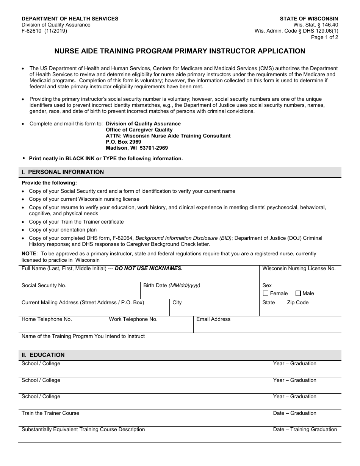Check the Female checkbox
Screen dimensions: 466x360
point(266,293)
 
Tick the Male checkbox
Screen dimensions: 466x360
point(298,293)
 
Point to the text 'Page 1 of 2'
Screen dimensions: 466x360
point(324,37)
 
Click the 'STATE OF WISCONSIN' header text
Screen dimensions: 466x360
point(309,19)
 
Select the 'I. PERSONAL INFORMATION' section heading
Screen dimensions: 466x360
point(63,172)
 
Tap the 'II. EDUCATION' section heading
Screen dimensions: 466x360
point(43,355)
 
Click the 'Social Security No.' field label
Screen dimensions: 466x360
point(44,286)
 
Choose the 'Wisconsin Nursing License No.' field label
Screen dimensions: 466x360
point(299,268)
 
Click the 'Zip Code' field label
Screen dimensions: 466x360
point(297,302)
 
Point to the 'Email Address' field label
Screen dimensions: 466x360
point(213,319)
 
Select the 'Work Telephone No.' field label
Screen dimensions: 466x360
point(133,319)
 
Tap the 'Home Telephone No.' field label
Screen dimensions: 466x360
point(47,319)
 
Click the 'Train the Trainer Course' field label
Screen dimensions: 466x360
point(50,413)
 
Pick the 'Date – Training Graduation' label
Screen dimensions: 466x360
point(305,429)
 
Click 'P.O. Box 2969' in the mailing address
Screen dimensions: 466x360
point(123,142)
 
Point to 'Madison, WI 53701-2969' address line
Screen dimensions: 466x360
point(136,148)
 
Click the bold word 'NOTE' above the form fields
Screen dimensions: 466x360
point(29,253)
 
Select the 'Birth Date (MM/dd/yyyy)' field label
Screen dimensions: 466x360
point(172,286)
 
